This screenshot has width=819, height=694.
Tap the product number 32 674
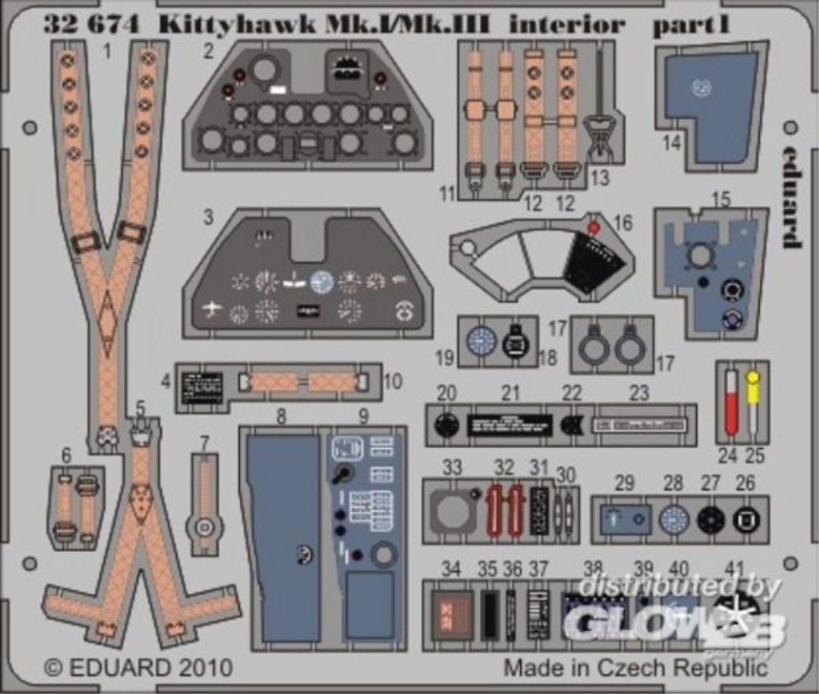coord(90,26)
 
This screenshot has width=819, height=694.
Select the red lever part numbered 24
coord(731,404)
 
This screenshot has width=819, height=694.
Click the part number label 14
coord(672,144)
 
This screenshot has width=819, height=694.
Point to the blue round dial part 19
coord(485,339)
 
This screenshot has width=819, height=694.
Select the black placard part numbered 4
coord(202,386)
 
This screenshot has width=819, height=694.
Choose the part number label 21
coord(511,393)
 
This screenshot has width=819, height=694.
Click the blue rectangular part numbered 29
coord(626,520)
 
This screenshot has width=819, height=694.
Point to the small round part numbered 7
coord(204,525)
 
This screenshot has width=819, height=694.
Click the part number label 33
coord(452,467)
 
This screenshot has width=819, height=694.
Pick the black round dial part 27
coord(709,520)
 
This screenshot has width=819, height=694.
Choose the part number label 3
coord(208,216)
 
